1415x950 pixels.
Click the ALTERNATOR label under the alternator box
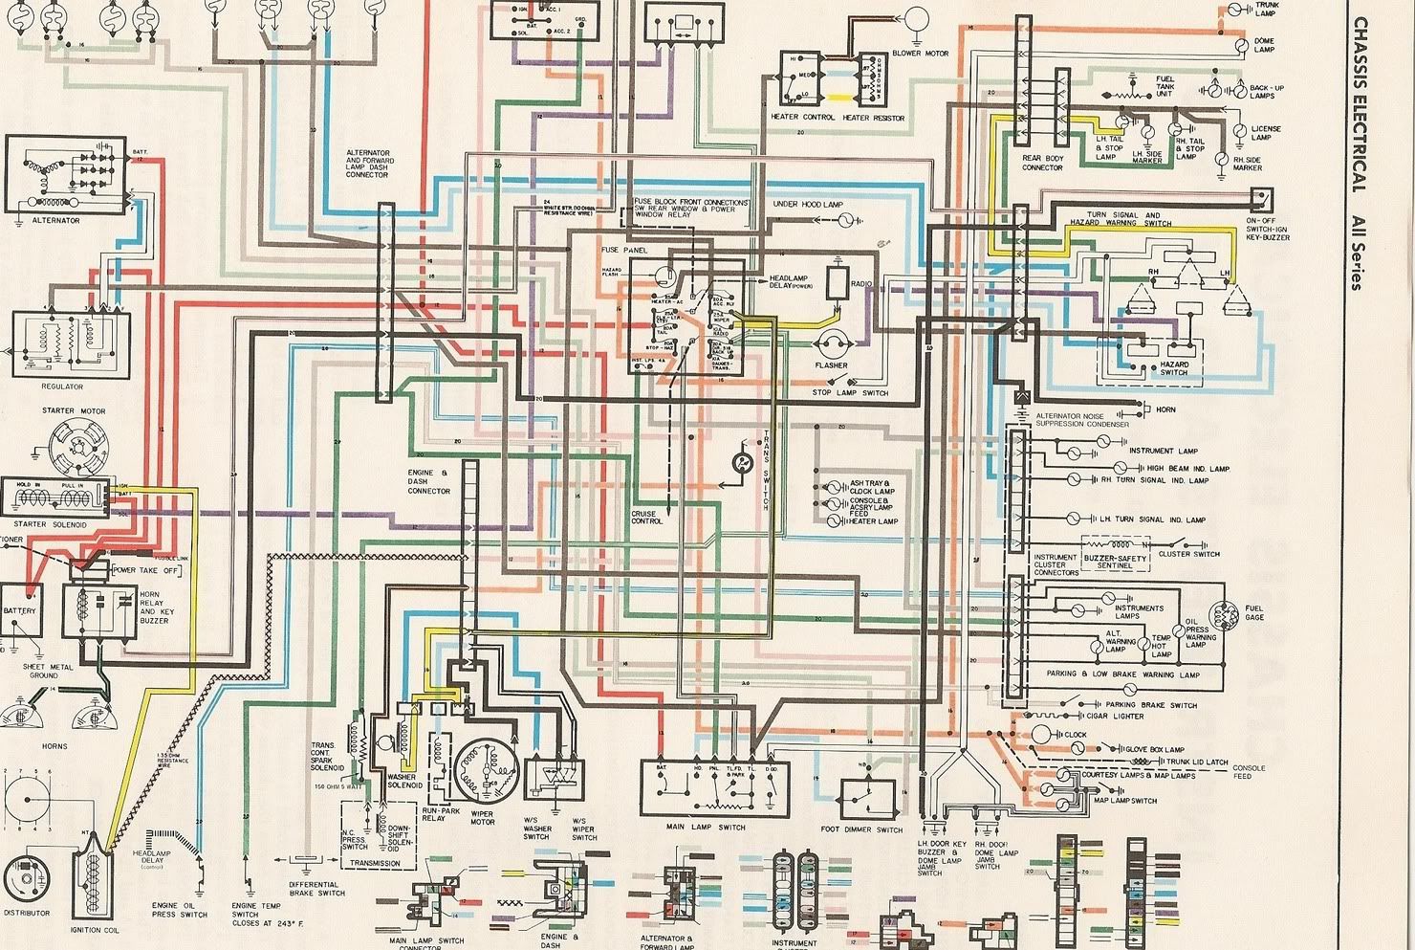click(55, 221)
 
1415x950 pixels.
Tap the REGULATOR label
click(62, 387)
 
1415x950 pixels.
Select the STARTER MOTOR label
click(74, 411)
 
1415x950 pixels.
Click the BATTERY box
click(20, 612)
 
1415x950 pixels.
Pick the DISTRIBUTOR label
click(27, 914)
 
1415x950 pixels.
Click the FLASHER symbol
click(831, 344)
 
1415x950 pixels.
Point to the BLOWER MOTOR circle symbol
click(917, 18)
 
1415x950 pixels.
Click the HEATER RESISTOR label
click(870, 118)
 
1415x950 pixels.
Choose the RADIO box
click(838, 281)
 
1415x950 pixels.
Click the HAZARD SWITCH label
click(1175, 368)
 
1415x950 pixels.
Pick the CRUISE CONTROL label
click(646, 517)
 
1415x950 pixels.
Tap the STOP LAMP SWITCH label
click(850, 393)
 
